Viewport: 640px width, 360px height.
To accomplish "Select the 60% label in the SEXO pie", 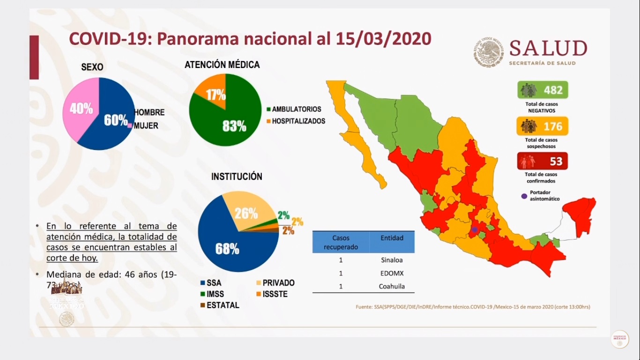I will point(116,120).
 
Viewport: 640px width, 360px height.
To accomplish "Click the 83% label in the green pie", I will point(234,126).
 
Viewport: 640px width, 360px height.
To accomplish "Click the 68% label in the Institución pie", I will point(227,249).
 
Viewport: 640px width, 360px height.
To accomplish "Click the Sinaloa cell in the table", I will point(392,260).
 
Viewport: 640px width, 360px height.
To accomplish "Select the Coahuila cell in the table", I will point(392,286).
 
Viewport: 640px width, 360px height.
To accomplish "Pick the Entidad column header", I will point(392,238).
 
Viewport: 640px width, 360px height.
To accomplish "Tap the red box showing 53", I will point(543,162).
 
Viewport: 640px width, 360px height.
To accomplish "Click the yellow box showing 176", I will point(543,126).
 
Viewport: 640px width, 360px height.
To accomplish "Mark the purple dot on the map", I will point(475,230).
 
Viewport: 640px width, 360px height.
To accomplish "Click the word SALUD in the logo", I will point(548,49).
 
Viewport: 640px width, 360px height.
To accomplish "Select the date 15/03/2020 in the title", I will point(383,38).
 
